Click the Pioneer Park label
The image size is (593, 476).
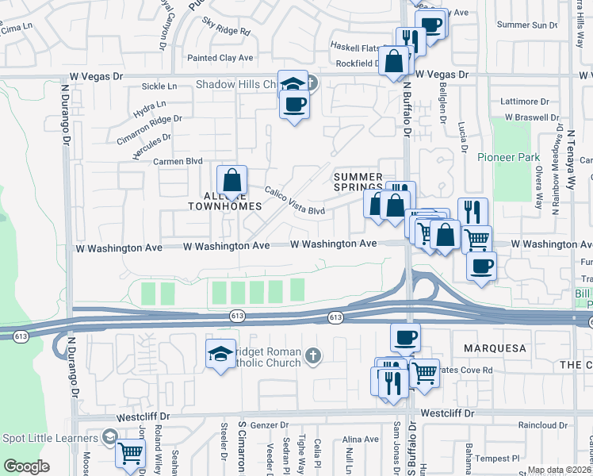coord(508,157)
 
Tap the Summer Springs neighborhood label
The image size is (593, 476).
coord(358,182)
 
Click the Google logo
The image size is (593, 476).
coord(26,466)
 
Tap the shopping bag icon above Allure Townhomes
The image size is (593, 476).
coord(231,181)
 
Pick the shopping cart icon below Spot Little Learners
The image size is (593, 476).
coord(130,455)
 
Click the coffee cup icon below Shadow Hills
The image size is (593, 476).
coord(294,105)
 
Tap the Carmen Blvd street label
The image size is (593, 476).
coord(178,161)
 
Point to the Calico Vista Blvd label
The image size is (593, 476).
coord(294,202)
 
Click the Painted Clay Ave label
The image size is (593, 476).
coord(220,58)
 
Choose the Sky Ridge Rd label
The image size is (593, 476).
coord(226,27)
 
